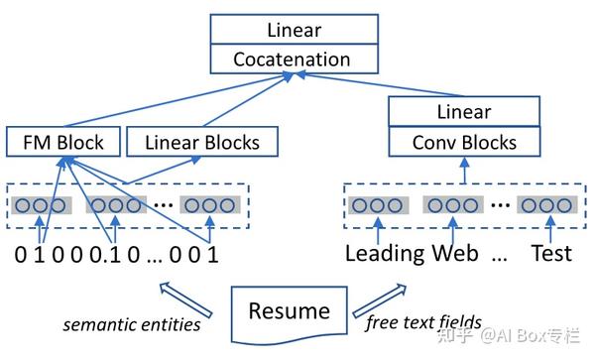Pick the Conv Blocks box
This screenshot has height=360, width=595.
[464, 143]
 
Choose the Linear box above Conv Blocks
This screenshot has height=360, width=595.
[464, 112]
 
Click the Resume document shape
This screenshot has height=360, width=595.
[289, 311]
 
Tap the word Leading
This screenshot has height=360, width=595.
[385, 253]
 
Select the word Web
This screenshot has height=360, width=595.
[454, 253]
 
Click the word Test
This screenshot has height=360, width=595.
[550, 253]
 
